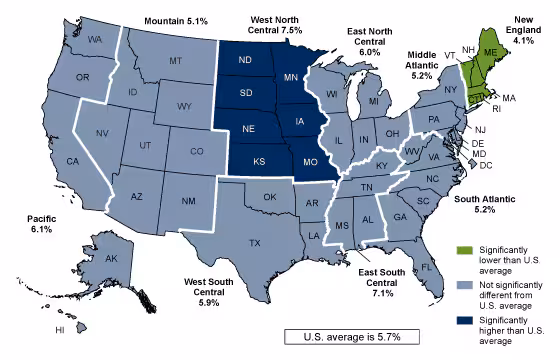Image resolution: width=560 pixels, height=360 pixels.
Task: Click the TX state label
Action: pyautogui.click(x=255, y=243)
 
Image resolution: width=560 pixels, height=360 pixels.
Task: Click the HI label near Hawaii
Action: pyautogui.click(x=59, y=329)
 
